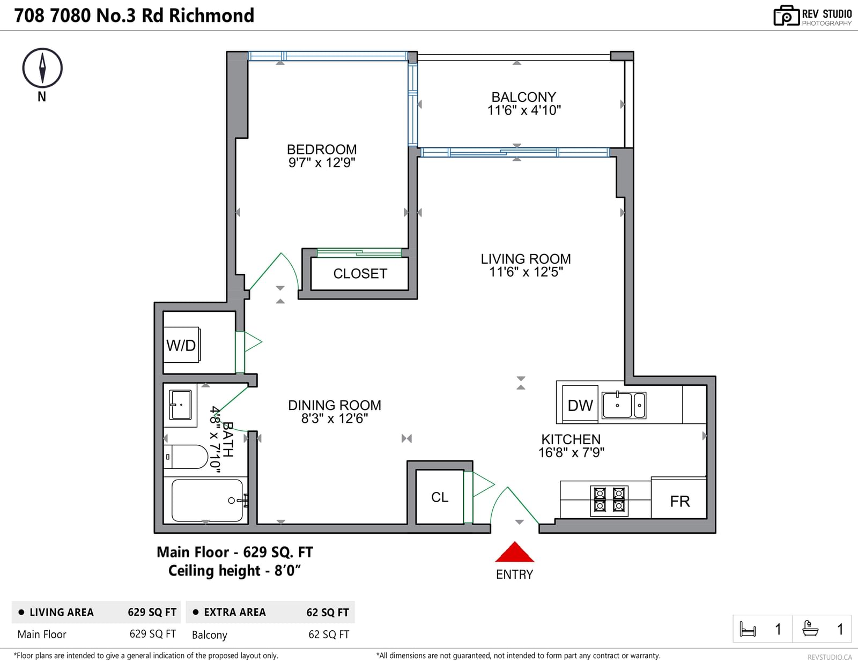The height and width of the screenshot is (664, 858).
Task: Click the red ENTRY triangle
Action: (x=514, y=552)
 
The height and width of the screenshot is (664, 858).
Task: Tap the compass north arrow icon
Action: (x=42, y=68)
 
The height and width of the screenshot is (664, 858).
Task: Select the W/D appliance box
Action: (x=182, y=345)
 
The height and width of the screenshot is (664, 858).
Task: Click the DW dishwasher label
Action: (x=580, y=405)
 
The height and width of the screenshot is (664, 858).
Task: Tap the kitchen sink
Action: (x=624, y=405)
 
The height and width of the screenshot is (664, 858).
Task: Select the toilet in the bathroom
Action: (x=186, y=457)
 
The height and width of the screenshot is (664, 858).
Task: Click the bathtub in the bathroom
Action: (x=207, y=500)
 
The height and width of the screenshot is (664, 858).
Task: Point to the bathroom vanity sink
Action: (x=180, y=405)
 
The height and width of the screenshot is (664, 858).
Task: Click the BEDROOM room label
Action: (x=322, y=150)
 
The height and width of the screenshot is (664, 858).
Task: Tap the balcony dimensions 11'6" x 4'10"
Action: (x=524, y=110)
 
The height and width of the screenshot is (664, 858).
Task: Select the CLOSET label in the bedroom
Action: (x=360, y=273)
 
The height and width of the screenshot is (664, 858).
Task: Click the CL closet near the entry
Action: (x=440, y=497)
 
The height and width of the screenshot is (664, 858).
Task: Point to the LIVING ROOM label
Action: (x=526, y=259)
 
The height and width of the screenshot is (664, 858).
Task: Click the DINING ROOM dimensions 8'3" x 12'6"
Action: (x=335, y=418)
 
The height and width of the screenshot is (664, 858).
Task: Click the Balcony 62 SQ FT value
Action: (x=329, y=635)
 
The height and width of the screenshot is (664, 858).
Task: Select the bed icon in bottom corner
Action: (x=748, y=629)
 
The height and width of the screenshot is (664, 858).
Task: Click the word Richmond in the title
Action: (x=212, y=16)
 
